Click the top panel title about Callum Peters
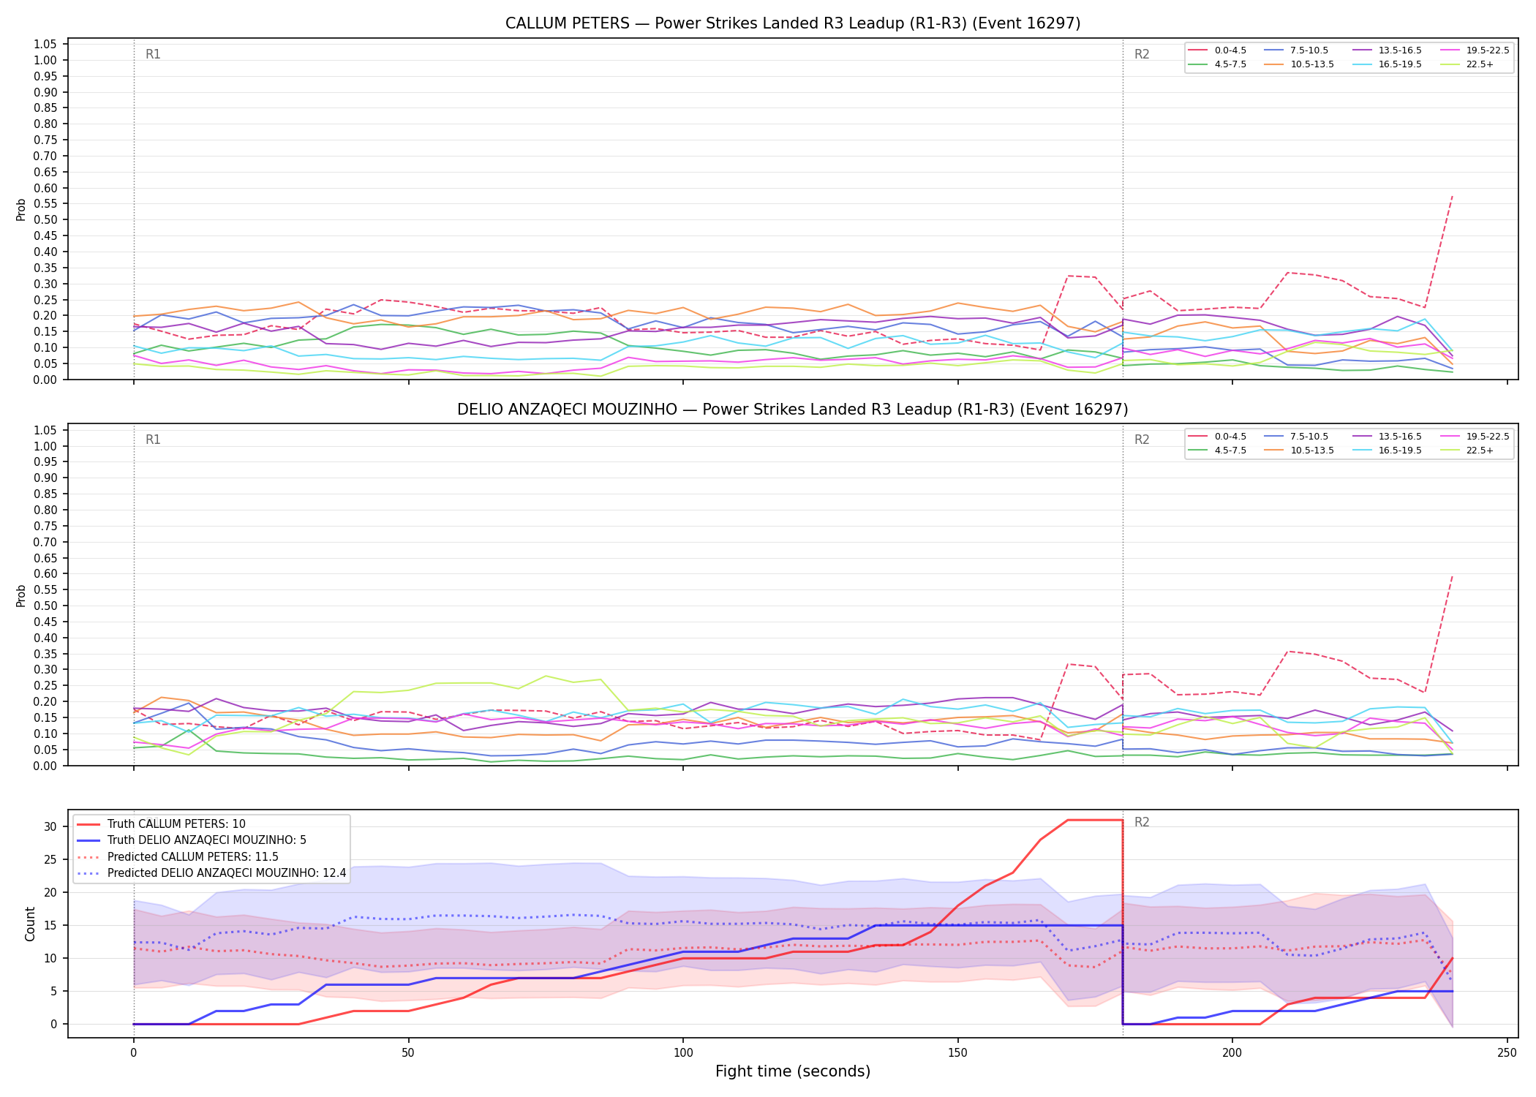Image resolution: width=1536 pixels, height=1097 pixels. point(793,23)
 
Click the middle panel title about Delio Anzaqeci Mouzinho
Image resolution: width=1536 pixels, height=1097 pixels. point(793,410)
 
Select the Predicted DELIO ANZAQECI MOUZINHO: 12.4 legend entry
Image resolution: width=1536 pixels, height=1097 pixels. point(211,873)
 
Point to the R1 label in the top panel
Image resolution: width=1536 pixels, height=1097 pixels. point(153,54)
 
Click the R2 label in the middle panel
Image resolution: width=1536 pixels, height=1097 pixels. point(1142,440)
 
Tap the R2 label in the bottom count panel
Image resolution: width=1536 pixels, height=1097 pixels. point(1142,822)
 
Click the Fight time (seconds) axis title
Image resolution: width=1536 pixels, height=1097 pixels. point(793,1071)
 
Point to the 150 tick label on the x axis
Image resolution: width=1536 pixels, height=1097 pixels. point(957,1053)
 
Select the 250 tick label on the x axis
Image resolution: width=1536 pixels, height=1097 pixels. point(1507,1053)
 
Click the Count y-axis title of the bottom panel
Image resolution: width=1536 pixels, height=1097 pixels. point(30,924)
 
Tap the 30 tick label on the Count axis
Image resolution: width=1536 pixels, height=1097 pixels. point(50,826)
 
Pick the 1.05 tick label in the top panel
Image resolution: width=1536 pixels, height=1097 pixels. point(45,45)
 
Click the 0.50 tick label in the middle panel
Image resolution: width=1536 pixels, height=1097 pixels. point(45,606)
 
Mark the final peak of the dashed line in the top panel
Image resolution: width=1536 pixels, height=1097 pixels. point(1452,195)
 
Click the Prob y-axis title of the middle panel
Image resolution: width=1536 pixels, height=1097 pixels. point(21,595)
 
